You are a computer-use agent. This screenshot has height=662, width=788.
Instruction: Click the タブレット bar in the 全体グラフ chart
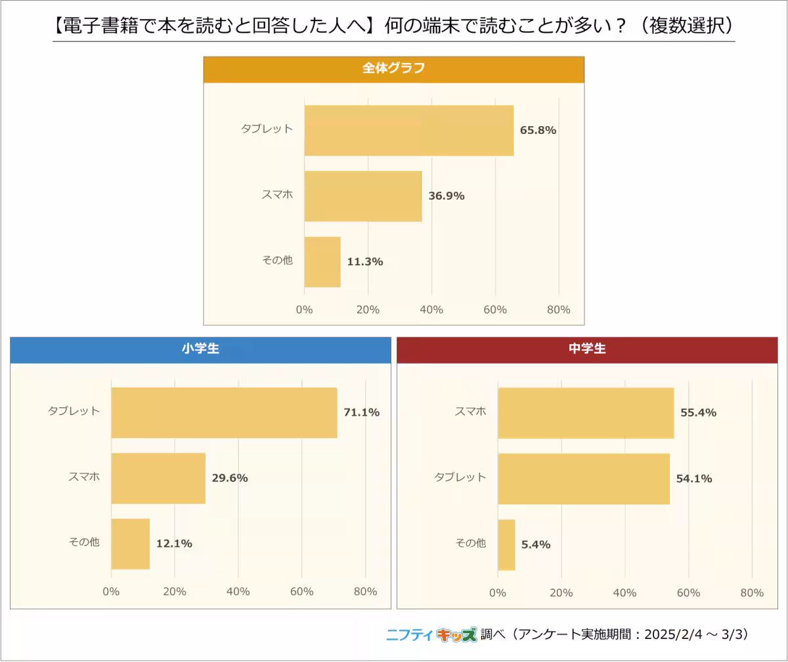click(x=408, y=130)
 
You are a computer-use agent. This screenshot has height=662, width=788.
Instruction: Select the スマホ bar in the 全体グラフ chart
click(x=362, y=196)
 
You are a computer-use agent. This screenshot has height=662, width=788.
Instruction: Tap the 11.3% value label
click(x=364, y=261)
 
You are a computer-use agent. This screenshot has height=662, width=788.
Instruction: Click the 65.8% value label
click(x=538, y=130)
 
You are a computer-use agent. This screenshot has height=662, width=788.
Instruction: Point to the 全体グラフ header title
click(x=393, y=68)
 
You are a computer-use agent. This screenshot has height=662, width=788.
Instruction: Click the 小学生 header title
click(x=200, y=349)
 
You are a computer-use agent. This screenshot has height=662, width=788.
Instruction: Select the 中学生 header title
click(x=587, y=349)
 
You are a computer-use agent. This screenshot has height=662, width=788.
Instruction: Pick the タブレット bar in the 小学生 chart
click(x=224, y=412)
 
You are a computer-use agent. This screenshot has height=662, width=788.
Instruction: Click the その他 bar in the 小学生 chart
click(x=130, y=544)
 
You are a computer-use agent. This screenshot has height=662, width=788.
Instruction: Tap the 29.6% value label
click(x=230, y=478)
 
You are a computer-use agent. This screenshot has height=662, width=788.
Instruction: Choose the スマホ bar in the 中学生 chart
click(x=586, y=412)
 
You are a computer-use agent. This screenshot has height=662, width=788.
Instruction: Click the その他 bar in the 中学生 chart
click(x=506, y=544)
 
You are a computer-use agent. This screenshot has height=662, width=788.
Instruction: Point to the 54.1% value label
click(x=694, y=479)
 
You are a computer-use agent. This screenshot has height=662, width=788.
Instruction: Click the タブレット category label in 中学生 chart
click(x=460, y=477)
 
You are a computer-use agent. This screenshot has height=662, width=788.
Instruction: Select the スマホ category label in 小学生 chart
click(x=84, y=477)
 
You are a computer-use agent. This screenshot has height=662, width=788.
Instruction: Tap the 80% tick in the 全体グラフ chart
click(x=558, y=309)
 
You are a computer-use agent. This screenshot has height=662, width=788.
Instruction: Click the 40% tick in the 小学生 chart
click(x=238, y=592)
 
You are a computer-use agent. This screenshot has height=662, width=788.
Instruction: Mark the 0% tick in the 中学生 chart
click(x=498, y=592)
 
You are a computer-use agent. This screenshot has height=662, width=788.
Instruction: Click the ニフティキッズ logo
click(x=431, y=634)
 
